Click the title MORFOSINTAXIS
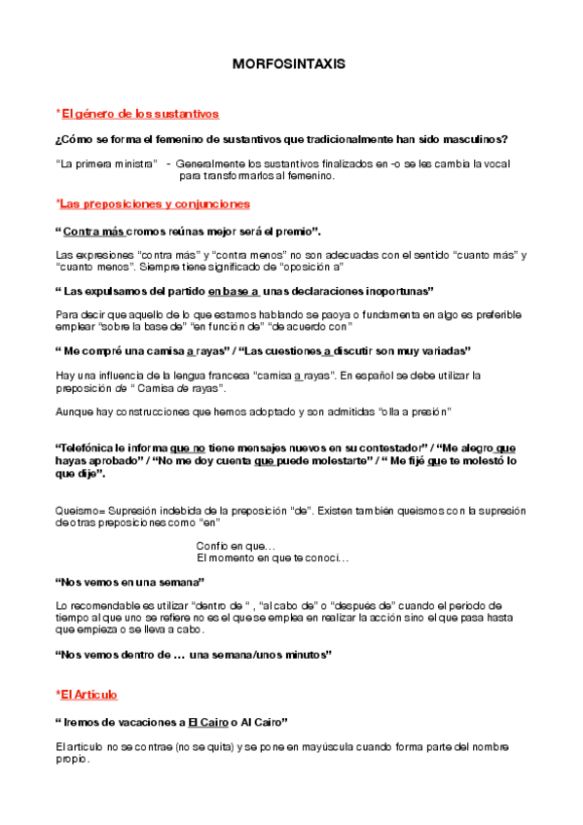[289, 64]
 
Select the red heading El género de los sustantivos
[139, 114]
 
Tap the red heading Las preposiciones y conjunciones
[155, 204]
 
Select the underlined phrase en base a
[234, 291]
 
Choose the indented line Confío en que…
[236, 546]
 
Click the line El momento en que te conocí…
[273, 558]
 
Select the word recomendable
[102, 606]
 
